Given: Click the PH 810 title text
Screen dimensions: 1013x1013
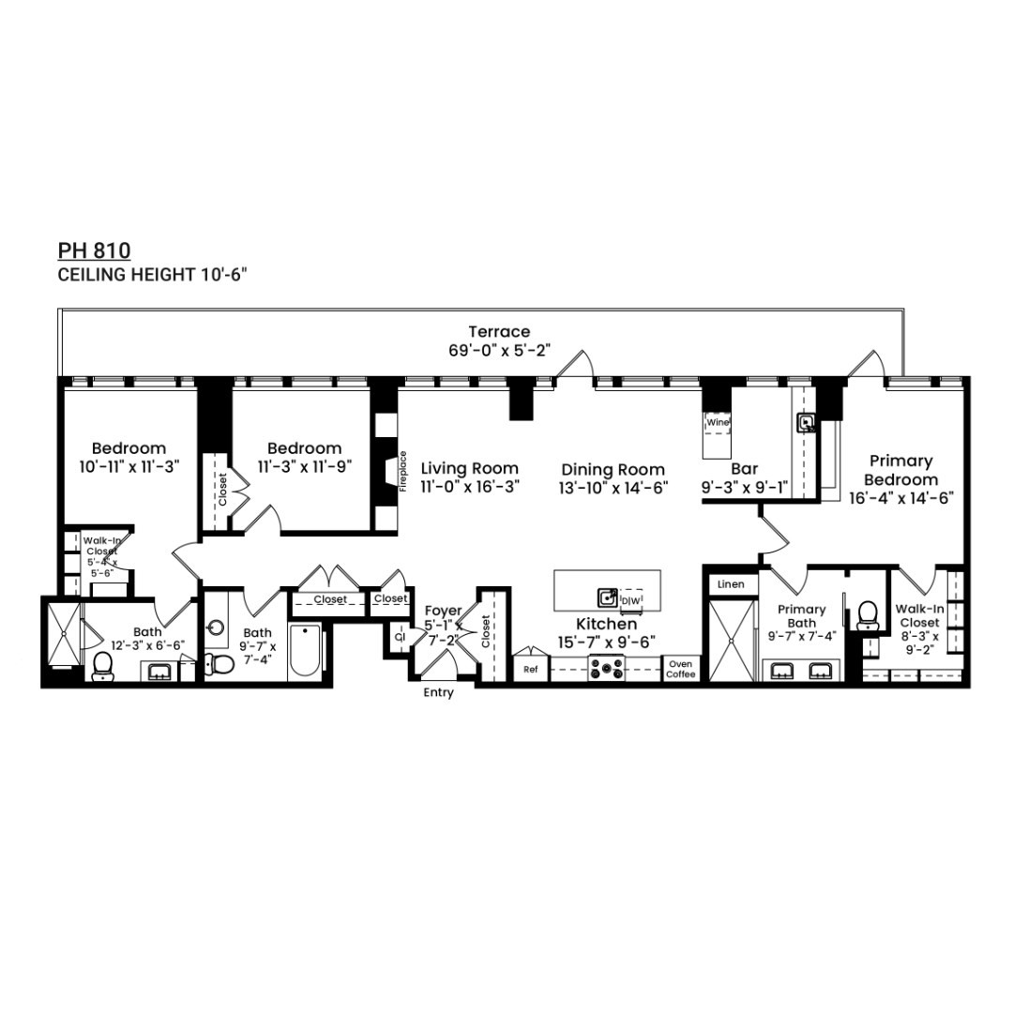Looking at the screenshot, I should click(x=94, y=250).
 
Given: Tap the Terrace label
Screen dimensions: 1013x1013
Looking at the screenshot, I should click(x=499, y=331).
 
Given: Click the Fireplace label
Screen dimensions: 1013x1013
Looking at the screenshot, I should click(x=403, y=472).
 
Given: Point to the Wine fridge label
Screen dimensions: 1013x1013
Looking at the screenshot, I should click(x=718, y=422).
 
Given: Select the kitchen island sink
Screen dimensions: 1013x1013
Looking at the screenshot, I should click(x=608, y=597).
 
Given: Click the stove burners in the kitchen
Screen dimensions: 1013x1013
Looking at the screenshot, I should click(x=605, y=669).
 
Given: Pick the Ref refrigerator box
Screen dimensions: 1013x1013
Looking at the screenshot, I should click(x=531, y=670).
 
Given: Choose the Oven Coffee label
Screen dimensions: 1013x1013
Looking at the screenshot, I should click(x=680, y=669).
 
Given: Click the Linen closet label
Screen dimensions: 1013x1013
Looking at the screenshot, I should click(x=731, y=584).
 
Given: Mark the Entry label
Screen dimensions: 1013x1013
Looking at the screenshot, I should click(x=438, y=693).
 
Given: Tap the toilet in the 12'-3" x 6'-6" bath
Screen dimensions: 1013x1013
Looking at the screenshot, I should click(x=103, y=664).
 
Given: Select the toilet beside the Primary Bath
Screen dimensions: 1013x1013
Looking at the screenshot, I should click(x=868, y=614).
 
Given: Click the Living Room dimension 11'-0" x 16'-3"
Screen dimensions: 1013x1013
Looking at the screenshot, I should click(x=469, y=487).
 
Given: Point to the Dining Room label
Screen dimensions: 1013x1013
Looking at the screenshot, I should click(x=612, y=469).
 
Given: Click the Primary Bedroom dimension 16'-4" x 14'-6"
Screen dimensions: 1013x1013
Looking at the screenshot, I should click(x=900, y=498).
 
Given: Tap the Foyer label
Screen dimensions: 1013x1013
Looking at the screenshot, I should click(x=443, y=611).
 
